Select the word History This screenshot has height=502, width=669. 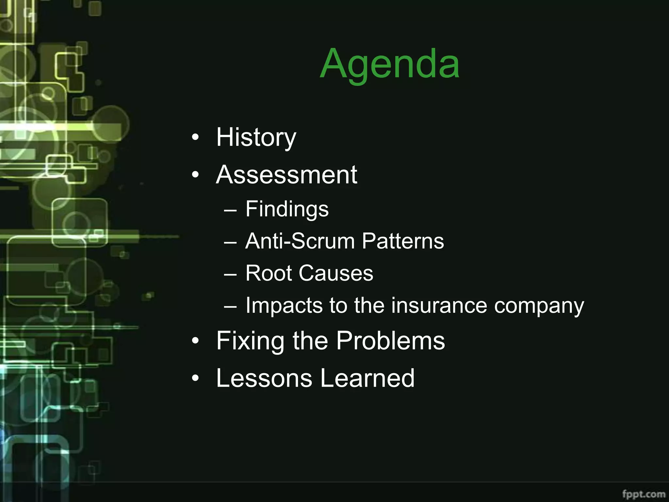click(256, 138)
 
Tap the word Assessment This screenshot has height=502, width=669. click(286, 175)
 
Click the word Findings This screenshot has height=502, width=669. click(287, 209)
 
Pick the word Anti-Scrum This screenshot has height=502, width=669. click(300, 241)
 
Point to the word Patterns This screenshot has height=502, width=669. click(403, 241)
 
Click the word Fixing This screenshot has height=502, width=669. click(250, 341)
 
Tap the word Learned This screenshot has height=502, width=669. click(367, 378)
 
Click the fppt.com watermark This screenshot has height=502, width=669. click(644, 494)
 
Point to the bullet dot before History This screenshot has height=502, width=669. click(195, 138)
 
